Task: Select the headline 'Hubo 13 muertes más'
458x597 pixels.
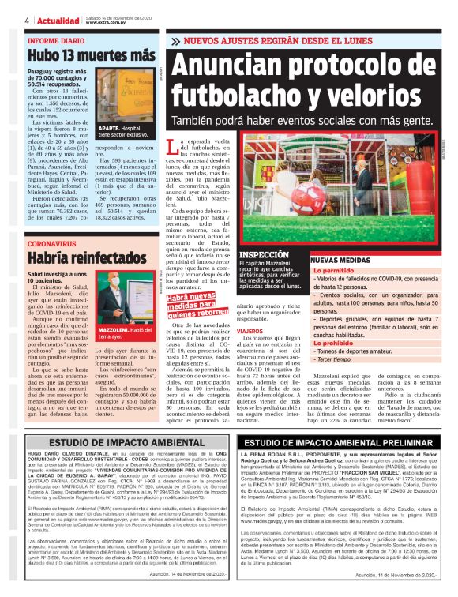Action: point(91,56)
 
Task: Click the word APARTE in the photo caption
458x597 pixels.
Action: point(109,127)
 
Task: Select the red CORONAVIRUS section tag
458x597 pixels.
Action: point(56,244)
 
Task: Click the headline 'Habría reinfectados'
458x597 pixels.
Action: point(81,257)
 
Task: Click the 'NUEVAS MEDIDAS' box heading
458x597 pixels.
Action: point(340,259)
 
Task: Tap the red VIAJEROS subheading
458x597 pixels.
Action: point(254,331)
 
